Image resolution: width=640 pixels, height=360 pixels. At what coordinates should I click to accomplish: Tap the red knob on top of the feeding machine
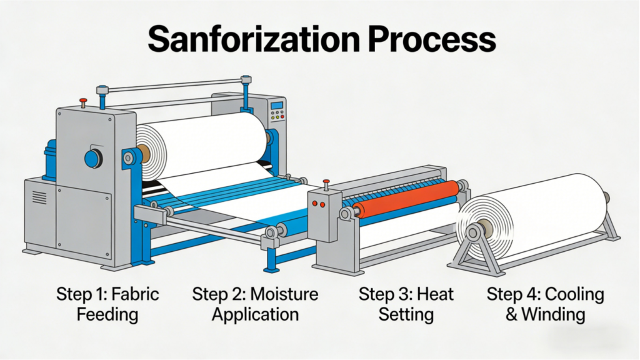83,101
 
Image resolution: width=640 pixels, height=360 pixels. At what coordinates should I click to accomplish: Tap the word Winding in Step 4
554,314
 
